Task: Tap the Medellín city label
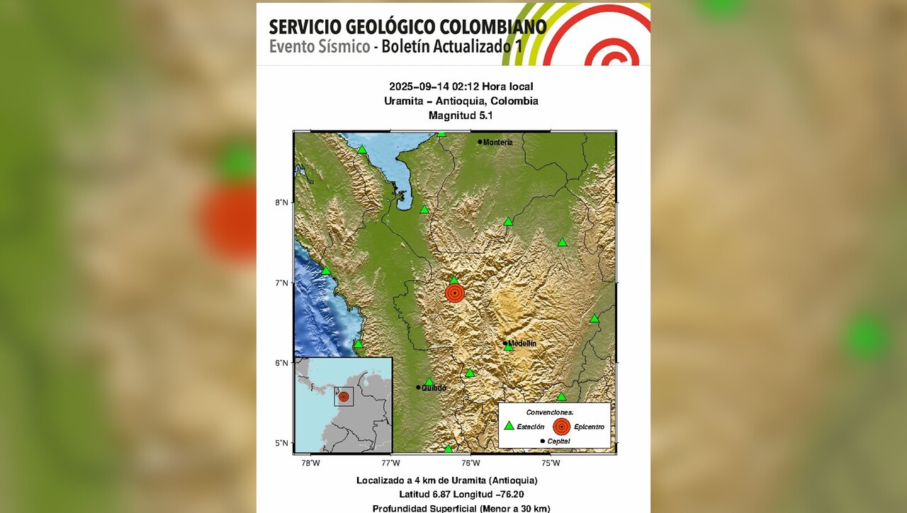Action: coord(522,344)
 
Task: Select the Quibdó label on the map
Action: coord(434,388)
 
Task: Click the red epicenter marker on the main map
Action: coord(455,293)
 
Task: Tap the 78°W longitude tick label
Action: coord(310,463)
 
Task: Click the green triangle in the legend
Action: coord(509,426)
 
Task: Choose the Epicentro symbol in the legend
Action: coord(562,426)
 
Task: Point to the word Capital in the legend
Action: coord(558,441)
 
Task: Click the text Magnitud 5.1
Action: coord(461,115)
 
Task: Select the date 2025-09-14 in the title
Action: coord(418,86)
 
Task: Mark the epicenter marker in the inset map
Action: coord(344,397)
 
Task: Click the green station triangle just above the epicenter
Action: coord(454,280)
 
